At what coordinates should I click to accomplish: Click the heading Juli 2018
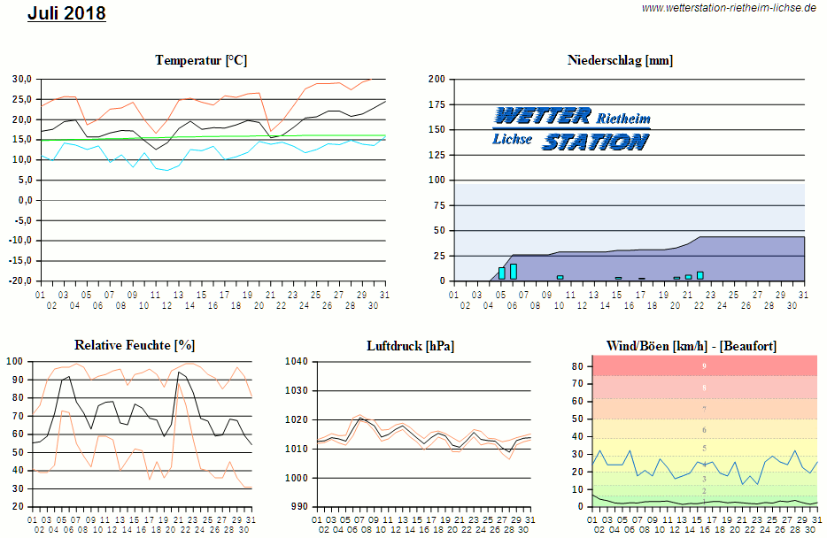[x=66, y=13]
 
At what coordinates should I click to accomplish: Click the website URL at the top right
[x=729, y=7]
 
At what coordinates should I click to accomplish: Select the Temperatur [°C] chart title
[x=201, y=60]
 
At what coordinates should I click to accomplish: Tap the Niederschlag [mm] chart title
[x=620, y=60]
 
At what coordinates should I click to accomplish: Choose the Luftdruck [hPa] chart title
[x=410, y=345]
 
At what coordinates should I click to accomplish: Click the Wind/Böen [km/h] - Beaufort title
[x=691, y=345]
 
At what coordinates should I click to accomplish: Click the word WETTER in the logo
[x=542, y=117]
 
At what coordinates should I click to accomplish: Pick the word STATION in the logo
[x=595, y=142]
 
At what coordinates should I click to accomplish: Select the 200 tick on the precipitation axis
[x=436, y=79]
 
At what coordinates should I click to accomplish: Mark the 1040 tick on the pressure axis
[x=296, y=361]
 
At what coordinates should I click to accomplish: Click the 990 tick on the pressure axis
[x=298, y=507]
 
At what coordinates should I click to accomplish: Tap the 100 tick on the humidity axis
[x=15, y=361]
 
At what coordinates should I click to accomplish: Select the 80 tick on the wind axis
[x=576, y=365]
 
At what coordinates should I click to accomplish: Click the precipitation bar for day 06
[x=513, y=272]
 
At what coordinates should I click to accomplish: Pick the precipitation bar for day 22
[x=699, y=275]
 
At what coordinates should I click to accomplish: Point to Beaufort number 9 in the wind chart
[x=704, y=365]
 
